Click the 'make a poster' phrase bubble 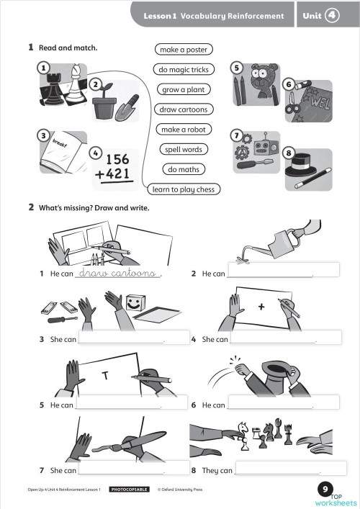pos(183,50)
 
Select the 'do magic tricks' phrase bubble pos(183,70)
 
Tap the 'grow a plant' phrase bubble pos(183,90)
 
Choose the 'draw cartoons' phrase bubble pos(183,109)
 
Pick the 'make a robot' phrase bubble pos(183,130)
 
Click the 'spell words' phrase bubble pos(183,149)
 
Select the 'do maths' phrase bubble pos(183,169)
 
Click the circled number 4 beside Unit pos(332,15)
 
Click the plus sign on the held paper pos(261,307)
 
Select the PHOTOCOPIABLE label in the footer pos(130,490)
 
